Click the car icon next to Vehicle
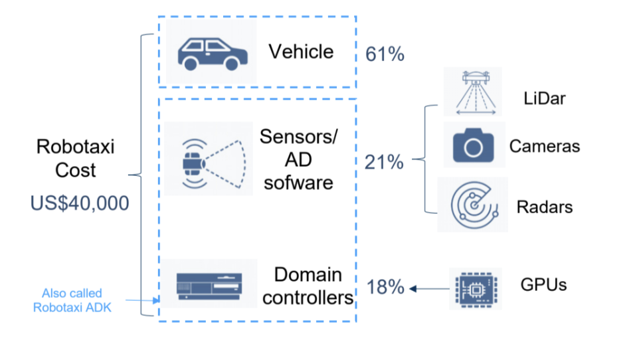213,54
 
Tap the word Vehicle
301,52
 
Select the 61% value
385,54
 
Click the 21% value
384,162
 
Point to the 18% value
385,287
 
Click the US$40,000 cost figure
80,203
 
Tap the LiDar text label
545,98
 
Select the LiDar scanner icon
476,93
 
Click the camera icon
473,145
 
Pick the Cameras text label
545,146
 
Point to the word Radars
545,207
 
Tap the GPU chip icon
476,289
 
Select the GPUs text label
543,285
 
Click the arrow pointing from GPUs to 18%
429,289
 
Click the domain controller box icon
209,286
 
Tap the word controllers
308,298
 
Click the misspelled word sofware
298,183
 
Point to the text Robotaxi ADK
72,308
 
